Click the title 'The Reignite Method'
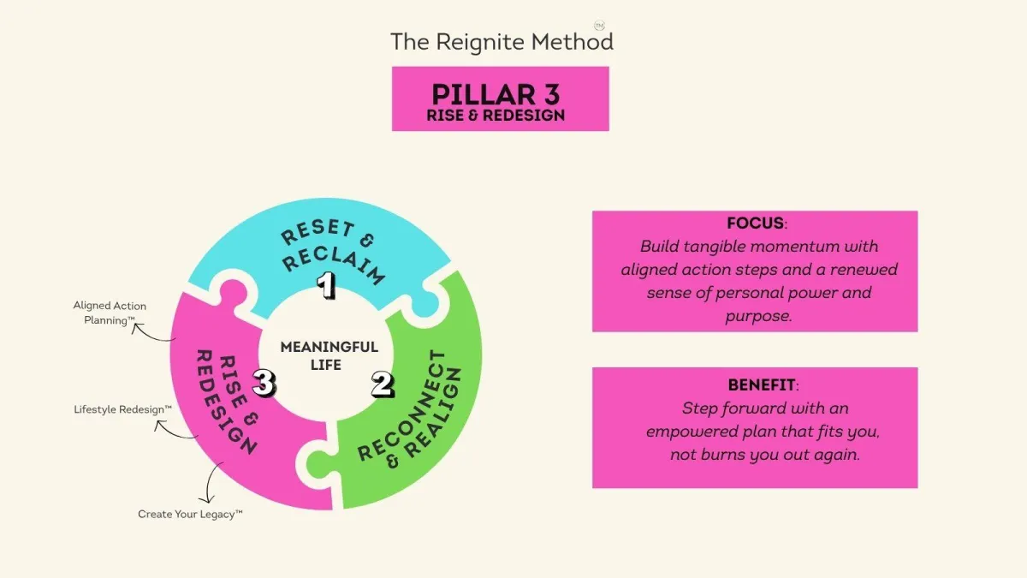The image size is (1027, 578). coord(502,42)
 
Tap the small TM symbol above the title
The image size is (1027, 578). coord(599,25)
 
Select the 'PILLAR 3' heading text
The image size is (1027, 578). coord(496,94)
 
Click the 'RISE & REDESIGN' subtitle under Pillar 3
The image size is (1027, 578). coord(496,115)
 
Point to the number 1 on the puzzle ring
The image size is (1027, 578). coord(326,285)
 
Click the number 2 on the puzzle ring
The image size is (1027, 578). coord(383,384)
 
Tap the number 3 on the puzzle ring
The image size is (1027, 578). coord(264,383)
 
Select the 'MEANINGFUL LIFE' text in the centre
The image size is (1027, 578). coord(329,355)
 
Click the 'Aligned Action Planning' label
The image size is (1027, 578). coord(110,313)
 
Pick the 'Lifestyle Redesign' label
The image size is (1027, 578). coord(122,409)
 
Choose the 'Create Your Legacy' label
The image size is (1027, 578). coord(190,515)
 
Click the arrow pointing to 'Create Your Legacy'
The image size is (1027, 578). coord(209,481)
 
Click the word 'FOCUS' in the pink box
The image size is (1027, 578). coord(755,223)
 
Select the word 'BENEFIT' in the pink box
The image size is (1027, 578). coord(761,384)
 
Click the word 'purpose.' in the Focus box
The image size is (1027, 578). coord(758,316)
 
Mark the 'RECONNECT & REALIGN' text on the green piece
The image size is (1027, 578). coord(409,409)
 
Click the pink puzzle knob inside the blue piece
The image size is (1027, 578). coord(234,293)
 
